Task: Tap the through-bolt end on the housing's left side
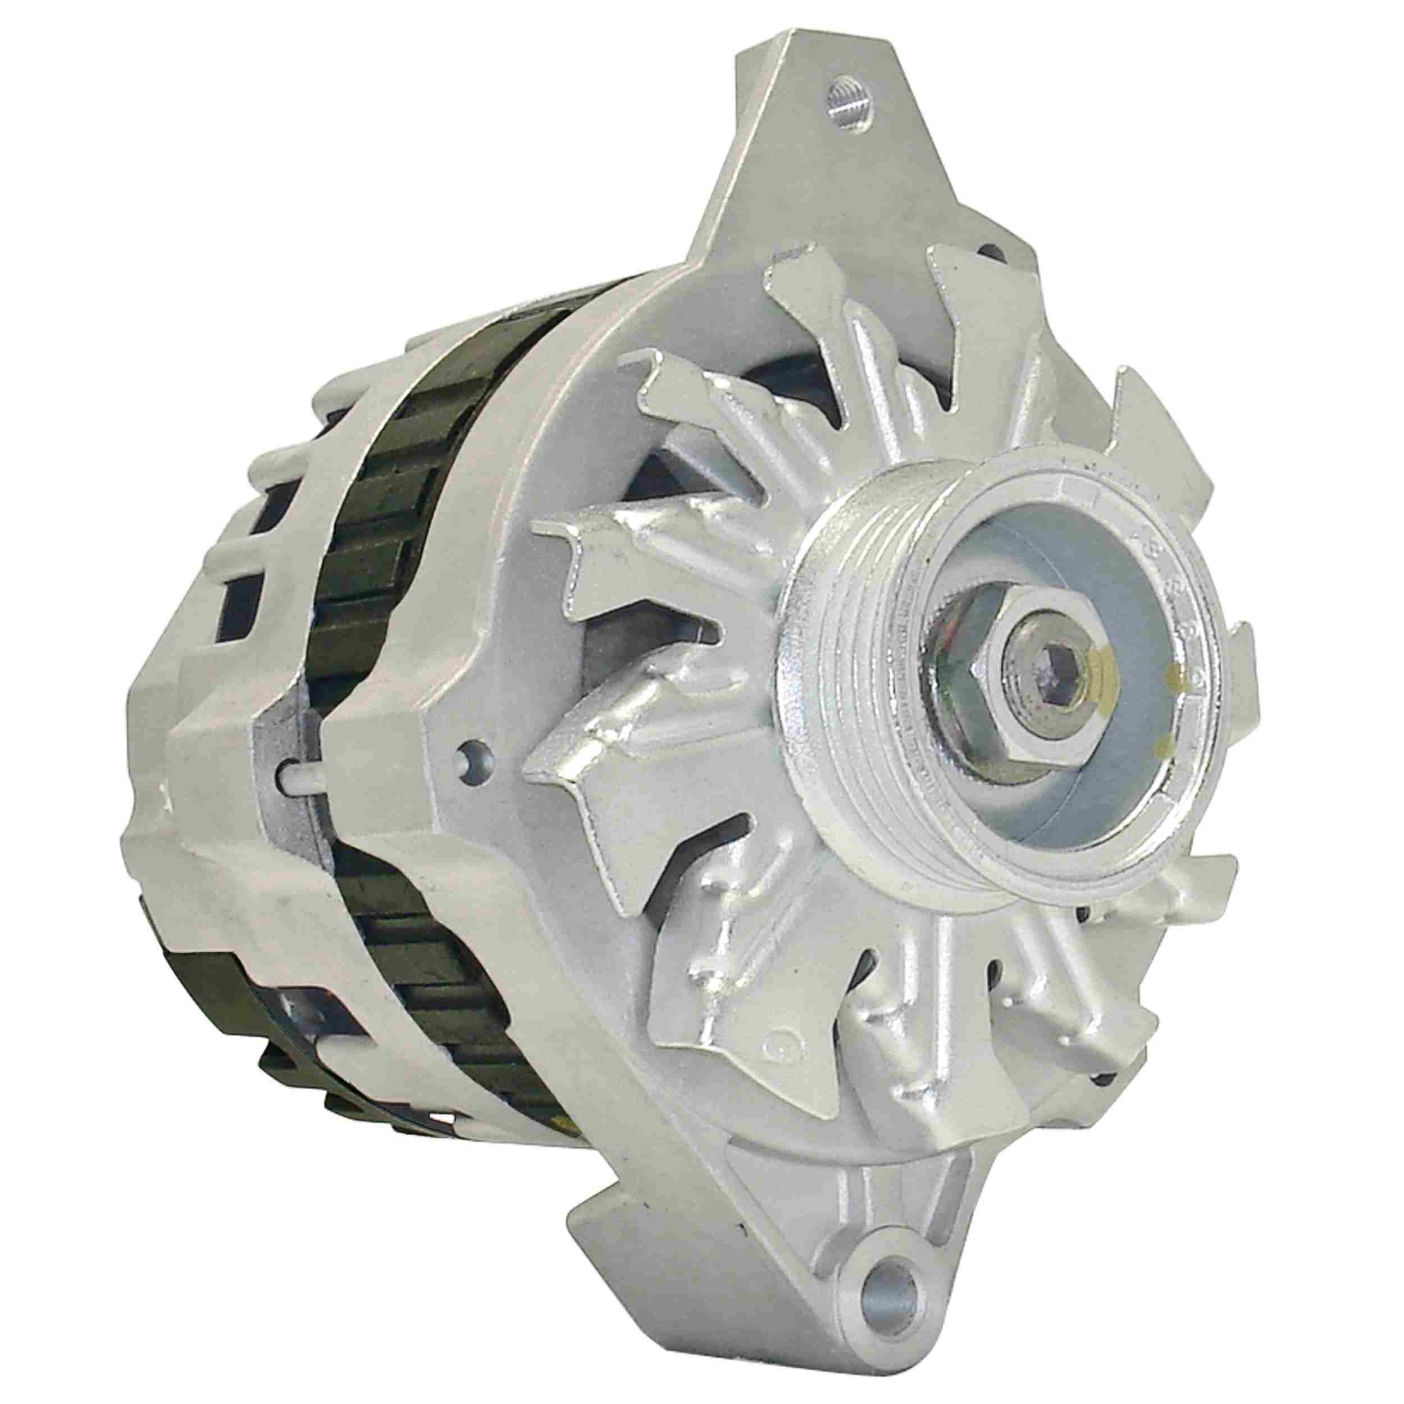[291, 781]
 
